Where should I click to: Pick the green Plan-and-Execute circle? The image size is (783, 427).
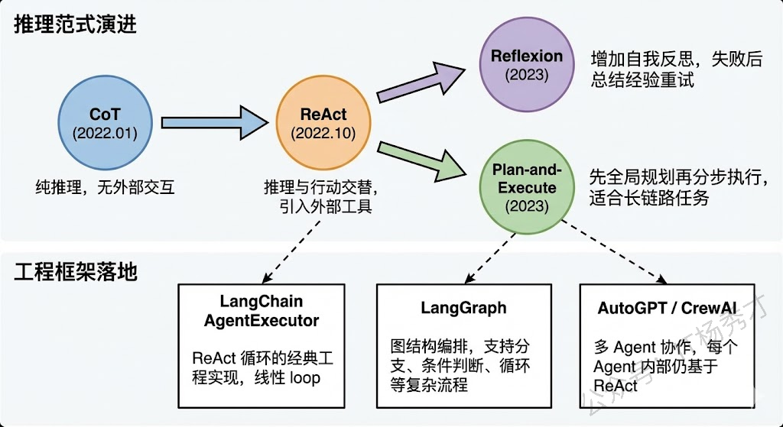pos(526,186)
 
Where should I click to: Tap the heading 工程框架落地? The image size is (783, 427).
pos(75,271)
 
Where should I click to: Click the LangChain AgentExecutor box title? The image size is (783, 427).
pos(262,311)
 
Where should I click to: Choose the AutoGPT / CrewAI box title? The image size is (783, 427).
pos(658,308)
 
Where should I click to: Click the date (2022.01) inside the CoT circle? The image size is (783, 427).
pos(105,133)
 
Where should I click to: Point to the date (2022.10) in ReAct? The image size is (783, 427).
pos(323,133)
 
